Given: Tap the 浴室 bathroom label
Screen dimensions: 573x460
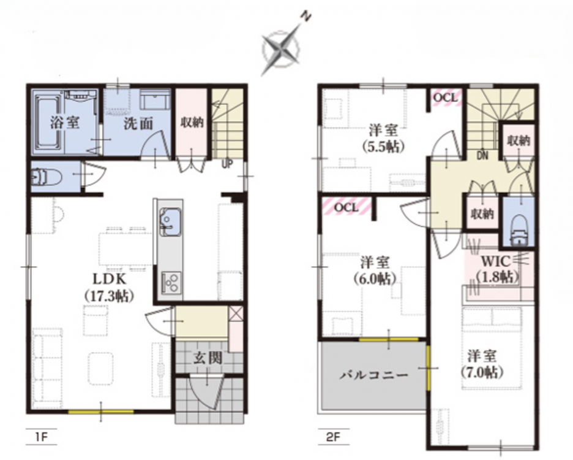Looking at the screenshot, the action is pos(64,123).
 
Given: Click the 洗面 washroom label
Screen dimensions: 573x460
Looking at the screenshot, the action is pos(138,124).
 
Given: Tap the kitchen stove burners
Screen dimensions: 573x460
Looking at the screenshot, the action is pos(170,282).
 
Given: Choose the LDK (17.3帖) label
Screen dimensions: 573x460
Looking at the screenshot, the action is pos(108,287).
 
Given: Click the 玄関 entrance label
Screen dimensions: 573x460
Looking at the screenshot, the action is pos(207,358).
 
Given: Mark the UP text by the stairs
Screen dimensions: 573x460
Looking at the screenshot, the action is pos(227,164).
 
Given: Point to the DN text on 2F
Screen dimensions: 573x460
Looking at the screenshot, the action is pos(482,155).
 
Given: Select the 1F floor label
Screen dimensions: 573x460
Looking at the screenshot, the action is pos(40,436).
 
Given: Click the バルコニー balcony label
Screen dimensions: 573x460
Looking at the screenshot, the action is pos(374,375).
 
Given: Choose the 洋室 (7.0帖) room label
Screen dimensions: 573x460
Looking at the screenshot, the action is pos(482,364).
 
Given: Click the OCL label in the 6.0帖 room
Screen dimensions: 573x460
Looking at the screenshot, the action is pos(345,208).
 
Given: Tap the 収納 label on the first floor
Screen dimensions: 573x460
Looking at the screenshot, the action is pos(192,123).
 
